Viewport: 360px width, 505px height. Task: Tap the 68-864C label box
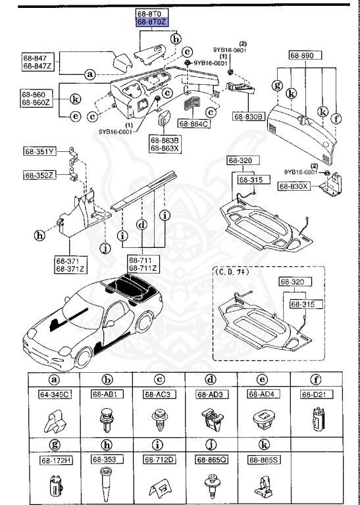click(x=193, y=123)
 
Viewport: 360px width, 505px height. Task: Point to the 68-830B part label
click(x=248, y=116)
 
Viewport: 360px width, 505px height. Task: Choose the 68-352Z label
click(x=41, y=175)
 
